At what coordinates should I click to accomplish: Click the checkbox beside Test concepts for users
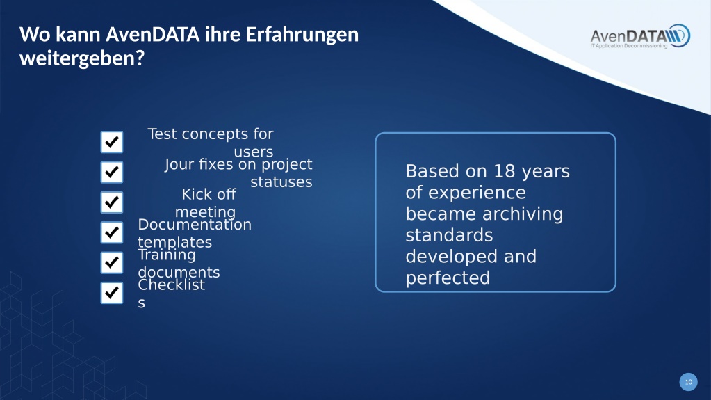coord(111,142)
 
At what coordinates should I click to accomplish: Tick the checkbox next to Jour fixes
coord(111,172)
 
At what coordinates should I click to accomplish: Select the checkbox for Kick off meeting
coord(111,202)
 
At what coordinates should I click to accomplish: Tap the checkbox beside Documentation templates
coord(111,232)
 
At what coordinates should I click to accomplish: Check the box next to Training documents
coord(111,263)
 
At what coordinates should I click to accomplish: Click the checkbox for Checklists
coord(111,293)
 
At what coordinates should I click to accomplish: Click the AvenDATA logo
coord(640,36)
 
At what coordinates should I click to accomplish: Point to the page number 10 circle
coord(688,382)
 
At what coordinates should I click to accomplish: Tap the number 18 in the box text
coord(504,172)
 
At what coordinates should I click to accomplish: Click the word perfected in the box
coord(448,278)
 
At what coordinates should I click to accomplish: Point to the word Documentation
coord(195,224)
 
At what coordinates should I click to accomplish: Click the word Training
coord(166,255)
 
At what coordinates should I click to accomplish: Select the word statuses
coord(281,182)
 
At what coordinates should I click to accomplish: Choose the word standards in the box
coord(450,236)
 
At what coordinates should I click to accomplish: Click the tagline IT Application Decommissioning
coord(628,46)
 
